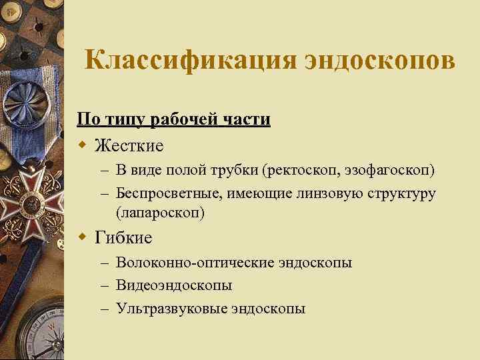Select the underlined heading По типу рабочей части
coord(173,120)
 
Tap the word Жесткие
coord(129,145)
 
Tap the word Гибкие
coord(124,237)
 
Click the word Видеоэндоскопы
coord(174,285)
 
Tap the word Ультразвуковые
coord(171,308)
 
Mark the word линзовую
coord(323,193)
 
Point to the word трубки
coord(233,171)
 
